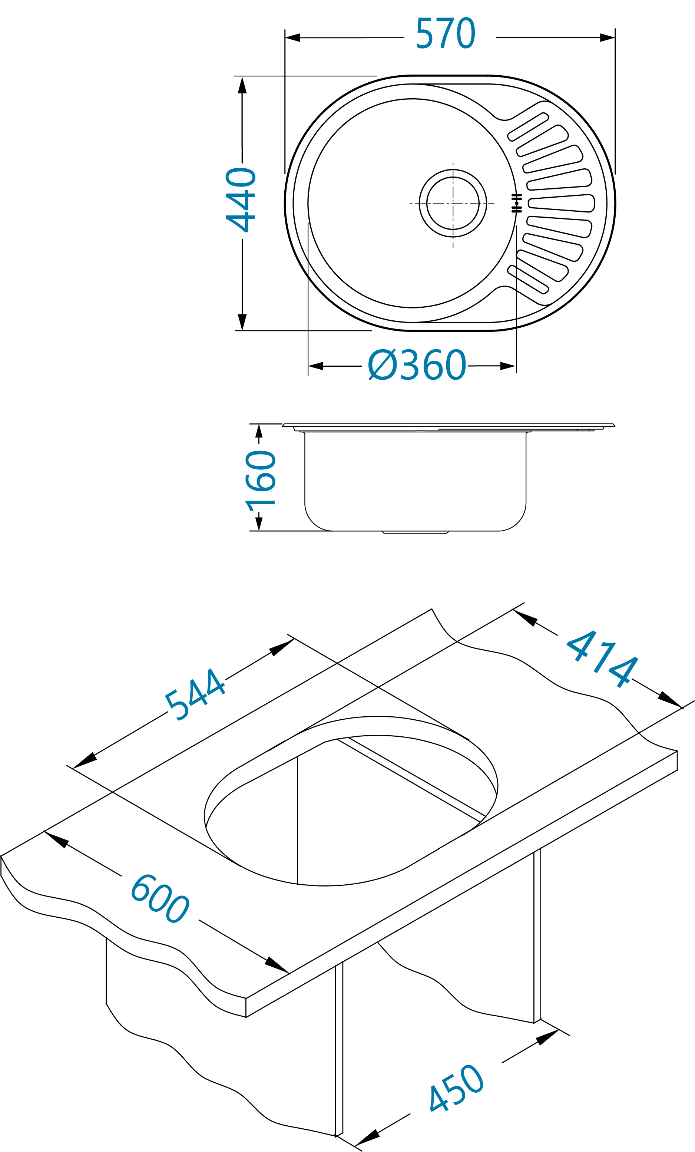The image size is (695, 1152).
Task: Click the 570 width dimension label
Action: click(x=446, y=33)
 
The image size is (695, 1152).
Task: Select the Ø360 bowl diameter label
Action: click(x=417, y=365)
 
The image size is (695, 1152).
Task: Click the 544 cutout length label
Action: click(x=195, y=694)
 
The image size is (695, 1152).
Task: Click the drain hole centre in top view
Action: click(x=453, y=204)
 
